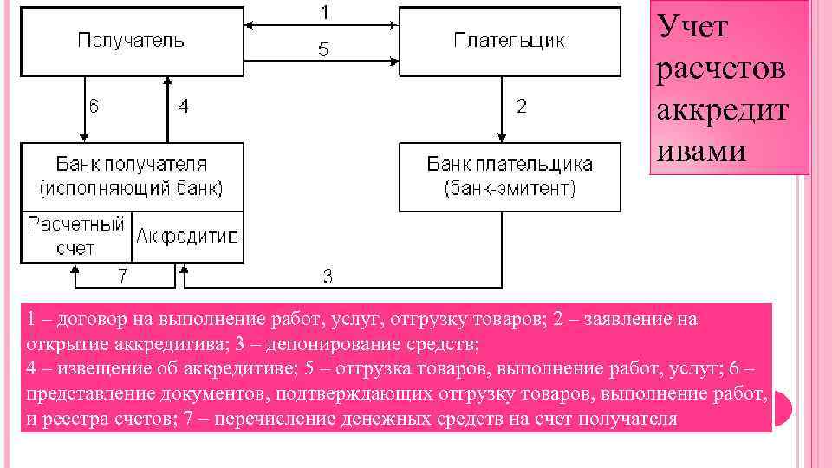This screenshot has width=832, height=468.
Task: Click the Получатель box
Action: click(x=132, y=41)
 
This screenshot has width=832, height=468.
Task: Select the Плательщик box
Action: click(x=509, y=41)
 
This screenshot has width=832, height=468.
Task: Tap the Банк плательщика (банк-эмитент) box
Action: click(x=509, y=176)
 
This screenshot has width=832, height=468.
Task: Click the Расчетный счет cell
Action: click(x=76, y=236)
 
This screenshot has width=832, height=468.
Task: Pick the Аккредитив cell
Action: click(x=187, y=236)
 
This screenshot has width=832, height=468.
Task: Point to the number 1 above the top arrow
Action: click(x=324, y=13)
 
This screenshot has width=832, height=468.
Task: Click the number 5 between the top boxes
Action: click(x=322, y=50)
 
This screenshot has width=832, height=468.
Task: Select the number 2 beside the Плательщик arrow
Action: click(x=521, y=107)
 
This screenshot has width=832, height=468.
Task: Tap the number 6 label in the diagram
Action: click(x=96, y=107)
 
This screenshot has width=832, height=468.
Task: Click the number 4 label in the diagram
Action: click(x=183, y=107)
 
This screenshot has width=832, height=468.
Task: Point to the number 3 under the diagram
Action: click(x=328, y=277)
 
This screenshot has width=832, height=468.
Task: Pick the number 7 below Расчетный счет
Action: click(x=123, y=277)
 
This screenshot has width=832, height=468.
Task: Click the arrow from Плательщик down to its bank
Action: click(x=502, y=109)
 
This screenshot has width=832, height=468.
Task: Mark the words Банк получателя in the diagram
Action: click(x=132, y=164)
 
